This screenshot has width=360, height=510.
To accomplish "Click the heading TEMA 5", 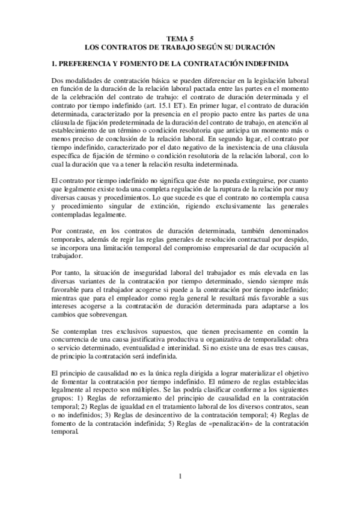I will [x=180, y=37].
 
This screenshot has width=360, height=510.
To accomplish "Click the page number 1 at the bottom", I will [x=180, y=477].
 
